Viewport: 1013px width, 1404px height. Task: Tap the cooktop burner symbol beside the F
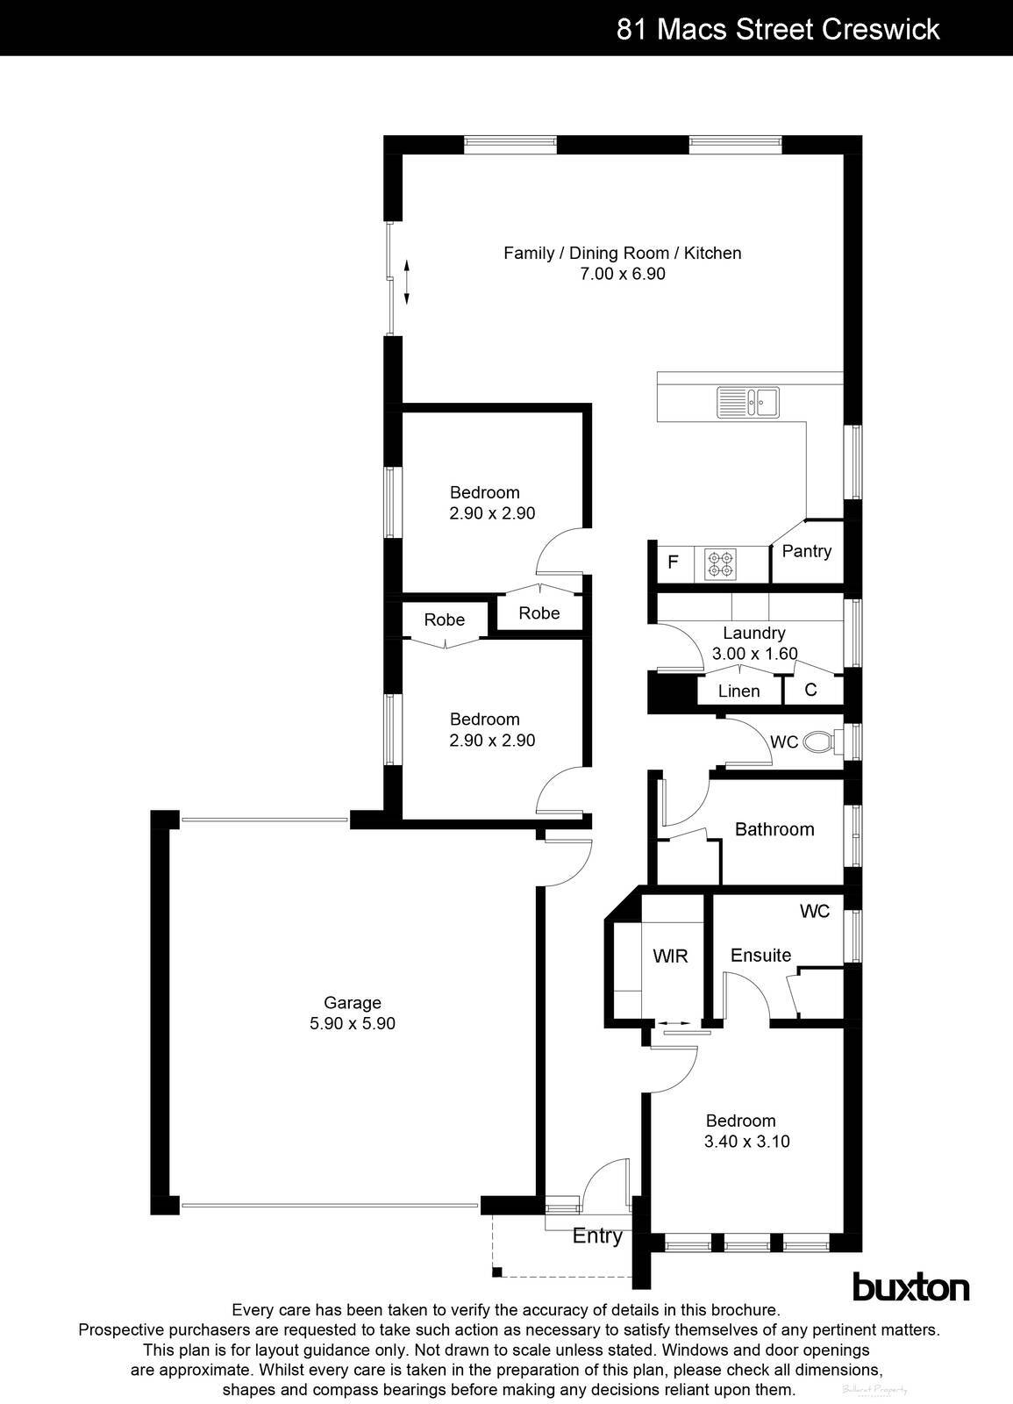[x=722, y=563]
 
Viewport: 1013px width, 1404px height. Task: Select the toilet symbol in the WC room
[x=820, y=741]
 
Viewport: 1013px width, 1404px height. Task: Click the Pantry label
[x=806, y=551]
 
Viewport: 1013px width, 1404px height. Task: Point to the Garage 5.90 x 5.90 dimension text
[x=353, y=1023]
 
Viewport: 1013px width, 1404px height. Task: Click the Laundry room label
[x=753, y=633]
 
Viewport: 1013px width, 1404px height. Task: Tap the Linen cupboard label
[x=738, y=691]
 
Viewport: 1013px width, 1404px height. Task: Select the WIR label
[x=670, y=956]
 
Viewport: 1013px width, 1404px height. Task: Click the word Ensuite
[x=760, y=955]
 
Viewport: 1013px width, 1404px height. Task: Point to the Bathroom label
[x=774, y=829]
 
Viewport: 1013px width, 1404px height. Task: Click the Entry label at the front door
[x=597, y=1236]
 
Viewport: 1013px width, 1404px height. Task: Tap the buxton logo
[x=910, y=1287]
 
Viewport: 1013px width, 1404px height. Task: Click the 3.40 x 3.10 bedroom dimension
[x=746, y=1142]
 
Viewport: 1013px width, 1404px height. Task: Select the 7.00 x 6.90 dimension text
[x=622, y=274]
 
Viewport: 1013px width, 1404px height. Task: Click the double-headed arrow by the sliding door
[x=407, y=281]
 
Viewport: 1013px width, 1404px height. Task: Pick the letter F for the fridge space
[x=673, y=562]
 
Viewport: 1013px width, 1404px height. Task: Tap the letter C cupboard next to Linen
[x=810, y=690]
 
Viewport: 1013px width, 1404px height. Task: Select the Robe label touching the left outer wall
[x=444, y=620]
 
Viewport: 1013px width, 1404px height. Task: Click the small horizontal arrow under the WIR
[x=674, y=1023]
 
